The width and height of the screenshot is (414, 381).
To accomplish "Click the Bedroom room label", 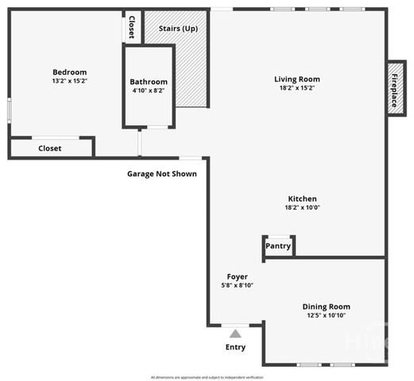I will pos(69,72).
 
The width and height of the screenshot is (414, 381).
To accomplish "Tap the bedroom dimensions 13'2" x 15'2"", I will pos(69,80).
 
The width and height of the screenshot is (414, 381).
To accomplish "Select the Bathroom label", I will pos(149,82).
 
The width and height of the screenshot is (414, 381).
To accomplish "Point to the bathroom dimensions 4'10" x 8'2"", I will pos(149,90).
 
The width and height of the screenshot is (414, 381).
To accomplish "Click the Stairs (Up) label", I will pos(178,29).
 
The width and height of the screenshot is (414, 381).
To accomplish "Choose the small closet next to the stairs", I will pos(132,27).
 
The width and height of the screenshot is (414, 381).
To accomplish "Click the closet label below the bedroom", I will pos(50,148).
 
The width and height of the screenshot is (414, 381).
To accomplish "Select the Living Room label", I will pos(296,79).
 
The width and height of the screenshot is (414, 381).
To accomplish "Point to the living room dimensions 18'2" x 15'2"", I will pos(296,87).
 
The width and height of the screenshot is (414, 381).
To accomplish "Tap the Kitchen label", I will pos(303,198).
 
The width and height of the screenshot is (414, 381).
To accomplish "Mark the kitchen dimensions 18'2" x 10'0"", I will pos(303,207).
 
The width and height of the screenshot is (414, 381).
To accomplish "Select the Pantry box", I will pos(278,246).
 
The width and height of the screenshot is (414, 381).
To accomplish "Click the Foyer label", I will pos(237,276).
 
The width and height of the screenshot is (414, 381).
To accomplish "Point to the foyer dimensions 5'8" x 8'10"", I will pos(237,285).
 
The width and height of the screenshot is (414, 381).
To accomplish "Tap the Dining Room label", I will pos(326,306).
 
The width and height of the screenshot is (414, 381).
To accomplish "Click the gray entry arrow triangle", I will pos(235,334).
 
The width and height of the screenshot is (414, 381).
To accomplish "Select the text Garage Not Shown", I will pos(162,174).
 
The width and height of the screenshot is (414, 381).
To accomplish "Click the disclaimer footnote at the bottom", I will pos(207,377).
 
